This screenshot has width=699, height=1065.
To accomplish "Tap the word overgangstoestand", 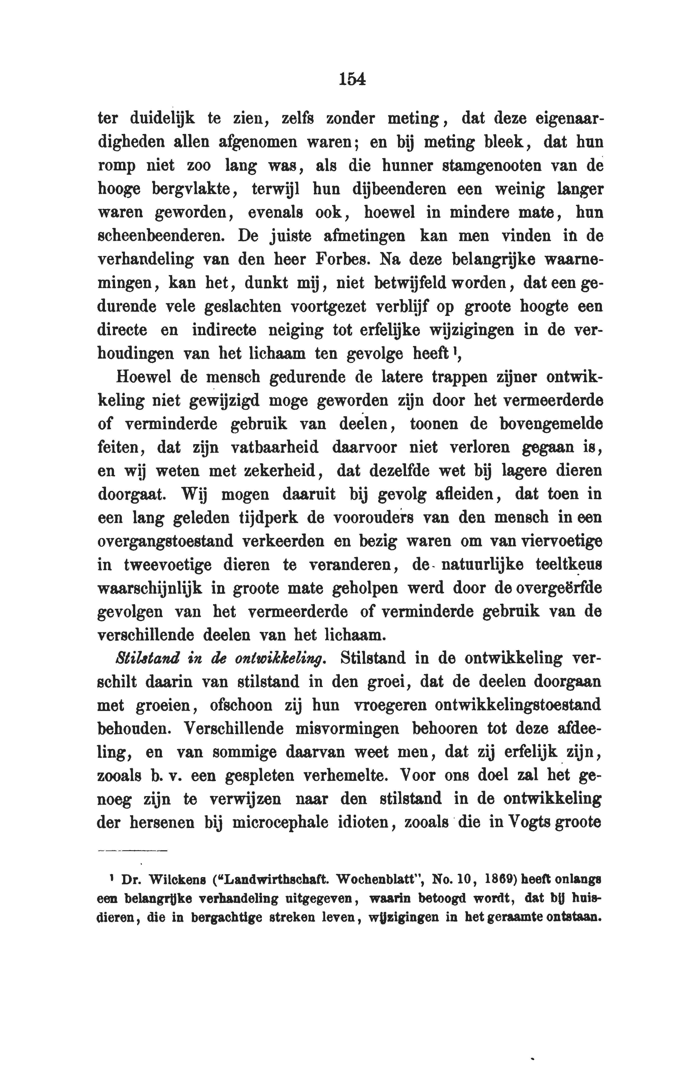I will coord(165,541).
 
